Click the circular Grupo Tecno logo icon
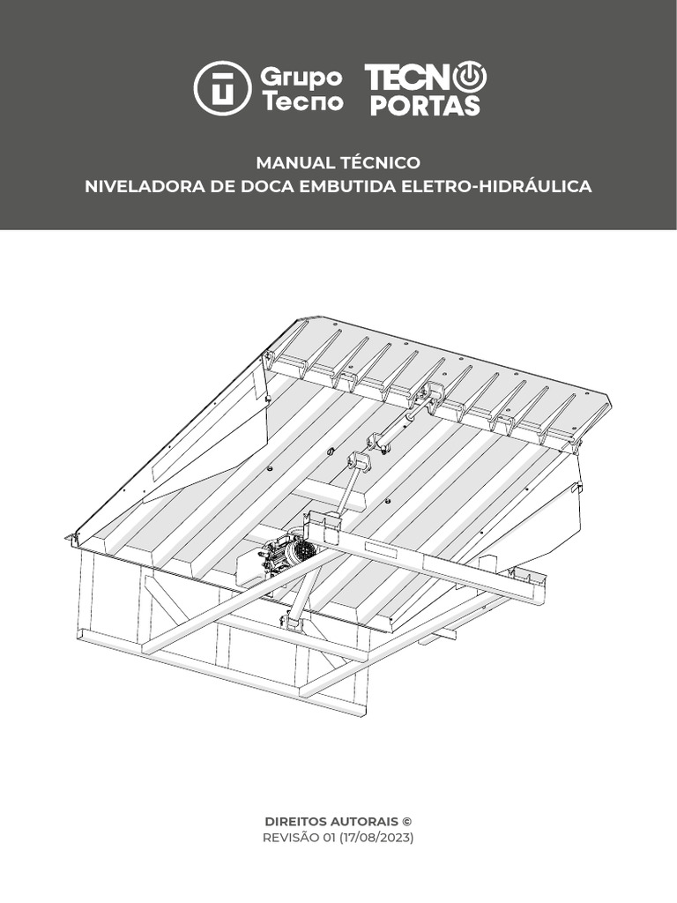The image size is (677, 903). pyautogui.click(x=222, y=88)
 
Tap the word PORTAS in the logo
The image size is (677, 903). pyautogui.click(x=424, y=106)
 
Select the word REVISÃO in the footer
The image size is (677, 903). pyautogui.click(x=291, y=838)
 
